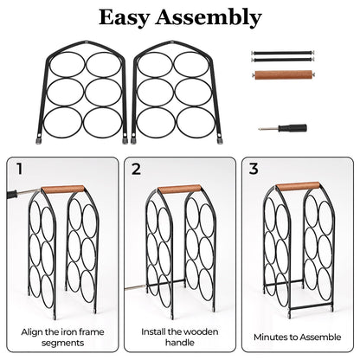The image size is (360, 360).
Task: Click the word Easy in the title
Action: tap(124, 18)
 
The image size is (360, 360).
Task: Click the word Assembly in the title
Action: tap(209, 18)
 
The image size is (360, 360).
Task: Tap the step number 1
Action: tap(19, 169)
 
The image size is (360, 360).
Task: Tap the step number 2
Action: tap(136, 169)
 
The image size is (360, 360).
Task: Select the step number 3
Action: tap(254, 169)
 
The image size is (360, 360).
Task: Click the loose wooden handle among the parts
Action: tap(284, 74)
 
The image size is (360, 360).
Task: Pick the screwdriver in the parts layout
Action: tap(283, 128)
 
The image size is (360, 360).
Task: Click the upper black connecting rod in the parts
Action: tap(282, 53)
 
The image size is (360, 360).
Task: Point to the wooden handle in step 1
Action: tap(63, 190)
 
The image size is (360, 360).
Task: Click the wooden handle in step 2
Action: tap(179, 189)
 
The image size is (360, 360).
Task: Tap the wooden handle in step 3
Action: tap(298, 186)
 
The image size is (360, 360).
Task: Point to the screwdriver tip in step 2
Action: tap(125, 288)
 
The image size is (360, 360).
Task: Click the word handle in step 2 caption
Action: tap(179, 343)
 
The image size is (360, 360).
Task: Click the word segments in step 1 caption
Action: tap(62, 343)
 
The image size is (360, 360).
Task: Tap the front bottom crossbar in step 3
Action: tap(311, 305)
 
